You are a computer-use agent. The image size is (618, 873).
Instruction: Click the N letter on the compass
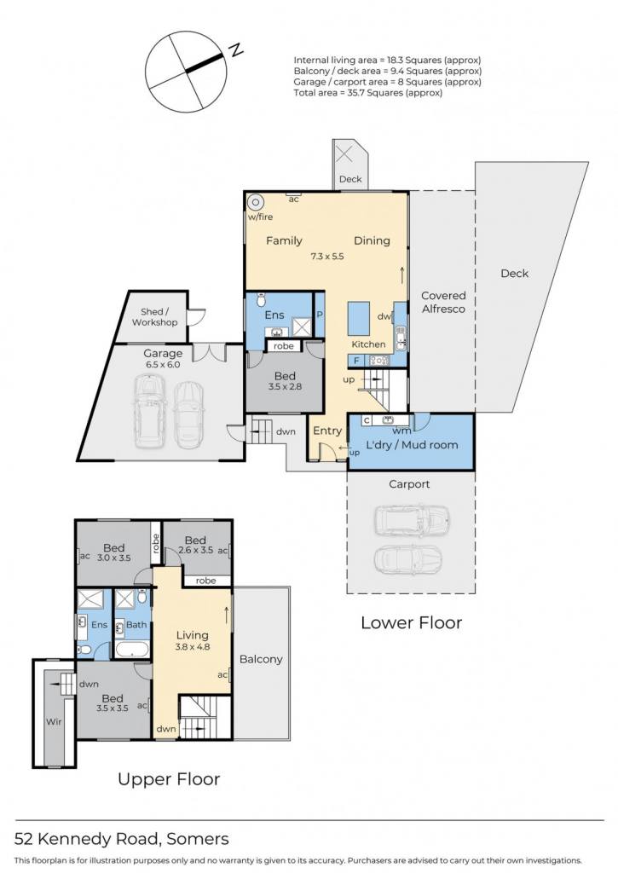pyautogui.click(x=237, y=50)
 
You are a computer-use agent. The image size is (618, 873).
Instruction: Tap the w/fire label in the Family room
pyautogui.click(x=260, y=217)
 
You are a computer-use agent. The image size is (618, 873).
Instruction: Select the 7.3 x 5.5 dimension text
pyautogui.click(x=326, y=256)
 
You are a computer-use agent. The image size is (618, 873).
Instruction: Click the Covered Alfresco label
pyautogui.click(x=443, y=303)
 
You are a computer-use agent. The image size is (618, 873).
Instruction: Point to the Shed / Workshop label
pyautogui.click(x=155, y=317)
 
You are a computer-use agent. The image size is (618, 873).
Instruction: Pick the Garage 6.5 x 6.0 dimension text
pyautogui.click(x=163, y=365)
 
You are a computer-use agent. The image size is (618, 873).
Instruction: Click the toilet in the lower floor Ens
pyautogui.click(x=261, y=301)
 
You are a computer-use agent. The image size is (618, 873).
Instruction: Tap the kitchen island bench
pyautogui.click(x=359, y=319)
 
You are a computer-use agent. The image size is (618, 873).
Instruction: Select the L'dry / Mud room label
pyautogui.click(x=412, y=445)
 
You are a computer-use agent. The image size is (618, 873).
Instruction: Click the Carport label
pyautogui.click(x=409, y=484)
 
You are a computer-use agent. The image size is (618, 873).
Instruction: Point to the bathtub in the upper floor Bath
pyautogui.click(x=132, y=649)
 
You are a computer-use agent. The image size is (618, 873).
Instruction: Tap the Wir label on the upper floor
pyautogui.click(x=54, y=721)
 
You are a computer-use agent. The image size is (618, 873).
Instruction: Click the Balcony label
pyautogui.click(x=261, y=659)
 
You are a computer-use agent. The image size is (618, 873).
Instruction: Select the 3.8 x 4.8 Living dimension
pyautogui.click(x=193, y=647)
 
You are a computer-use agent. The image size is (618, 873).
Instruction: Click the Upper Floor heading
pyautogui.click(x=169, y=779)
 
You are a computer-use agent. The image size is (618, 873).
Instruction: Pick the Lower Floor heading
pyautogui.click(x=412, y=622)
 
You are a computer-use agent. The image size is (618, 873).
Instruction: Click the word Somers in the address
pyautogui.click(x=198, y=839)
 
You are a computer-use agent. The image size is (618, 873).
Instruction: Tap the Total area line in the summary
pyautogui.click(x=368, y=93)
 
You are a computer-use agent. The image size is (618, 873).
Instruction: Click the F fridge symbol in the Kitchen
pyautogui.click(x=356, y=361)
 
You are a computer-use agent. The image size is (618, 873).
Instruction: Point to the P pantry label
pyautogui.click(x=320, y=315)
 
